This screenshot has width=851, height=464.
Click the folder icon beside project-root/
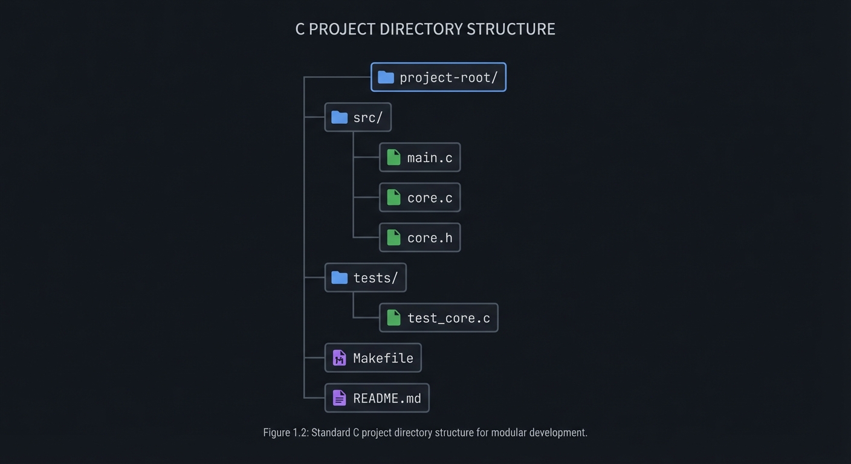386,77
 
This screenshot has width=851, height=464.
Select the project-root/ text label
448,77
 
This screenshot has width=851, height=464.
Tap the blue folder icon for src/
340,117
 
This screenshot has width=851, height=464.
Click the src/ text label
367,118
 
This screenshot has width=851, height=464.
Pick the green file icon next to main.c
393,158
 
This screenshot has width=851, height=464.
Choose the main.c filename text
430,158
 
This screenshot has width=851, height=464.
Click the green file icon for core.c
393,198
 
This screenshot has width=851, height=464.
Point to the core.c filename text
430,198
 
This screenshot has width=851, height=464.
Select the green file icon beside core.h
393,237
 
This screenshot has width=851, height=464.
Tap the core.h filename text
430,237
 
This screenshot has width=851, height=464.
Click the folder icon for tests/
340,277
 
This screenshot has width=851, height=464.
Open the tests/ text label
375,278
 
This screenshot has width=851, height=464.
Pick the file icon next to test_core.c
393,318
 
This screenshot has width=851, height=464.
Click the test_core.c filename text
448,318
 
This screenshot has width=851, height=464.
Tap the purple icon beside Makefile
340,358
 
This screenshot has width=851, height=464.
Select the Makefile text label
383,358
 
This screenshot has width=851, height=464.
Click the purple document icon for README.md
340,398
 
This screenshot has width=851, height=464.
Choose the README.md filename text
387,398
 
